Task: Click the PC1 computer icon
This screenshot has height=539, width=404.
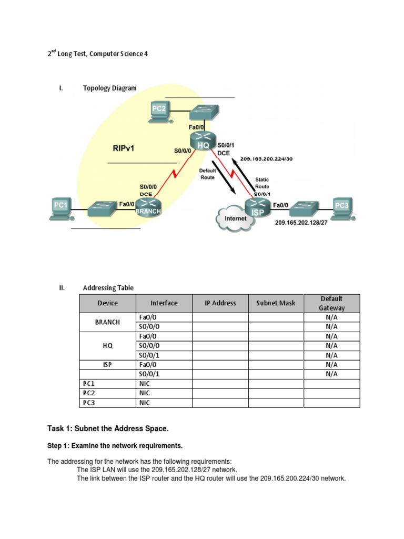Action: pyautogui.click(x=60, y=207)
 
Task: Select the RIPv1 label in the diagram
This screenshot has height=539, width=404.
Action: pyautogui.click(x=124, y=148)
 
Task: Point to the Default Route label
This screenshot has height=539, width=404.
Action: pyautogui.click(x=207, y=174)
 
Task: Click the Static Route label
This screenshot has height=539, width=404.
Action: pyautogui.click(x=262, y=183)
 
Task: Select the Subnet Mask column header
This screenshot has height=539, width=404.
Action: pyautogui.click(x=276, y=303)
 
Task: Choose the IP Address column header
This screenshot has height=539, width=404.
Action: pyautogui.click(x=220, y=303)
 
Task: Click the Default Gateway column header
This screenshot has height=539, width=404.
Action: pyautogui.click(x=331, y=303)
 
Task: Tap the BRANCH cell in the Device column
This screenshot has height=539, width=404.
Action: pyautogui.click(x=107, y=322)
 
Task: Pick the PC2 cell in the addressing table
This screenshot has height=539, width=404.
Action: pyautogui.click(x=88, y=393)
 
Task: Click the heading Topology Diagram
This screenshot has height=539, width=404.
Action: pyautogui.click(x=109, y=88)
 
